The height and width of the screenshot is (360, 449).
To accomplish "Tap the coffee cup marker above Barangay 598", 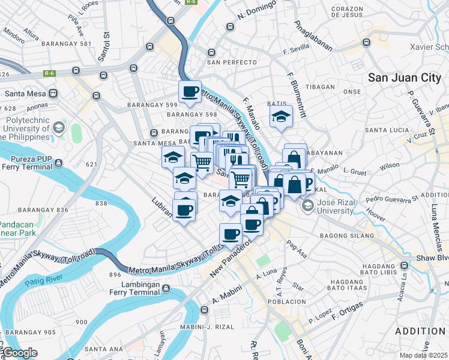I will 190,92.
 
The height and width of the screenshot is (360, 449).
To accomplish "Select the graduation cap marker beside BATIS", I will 280,117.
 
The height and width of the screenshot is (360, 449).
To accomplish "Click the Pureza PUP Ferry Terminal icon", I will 58,161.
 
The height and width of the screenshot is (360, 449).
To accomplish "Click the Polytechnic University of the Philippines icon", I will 59,127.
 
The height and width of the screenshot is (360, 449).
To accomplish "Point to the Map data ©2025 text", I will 423,355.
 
